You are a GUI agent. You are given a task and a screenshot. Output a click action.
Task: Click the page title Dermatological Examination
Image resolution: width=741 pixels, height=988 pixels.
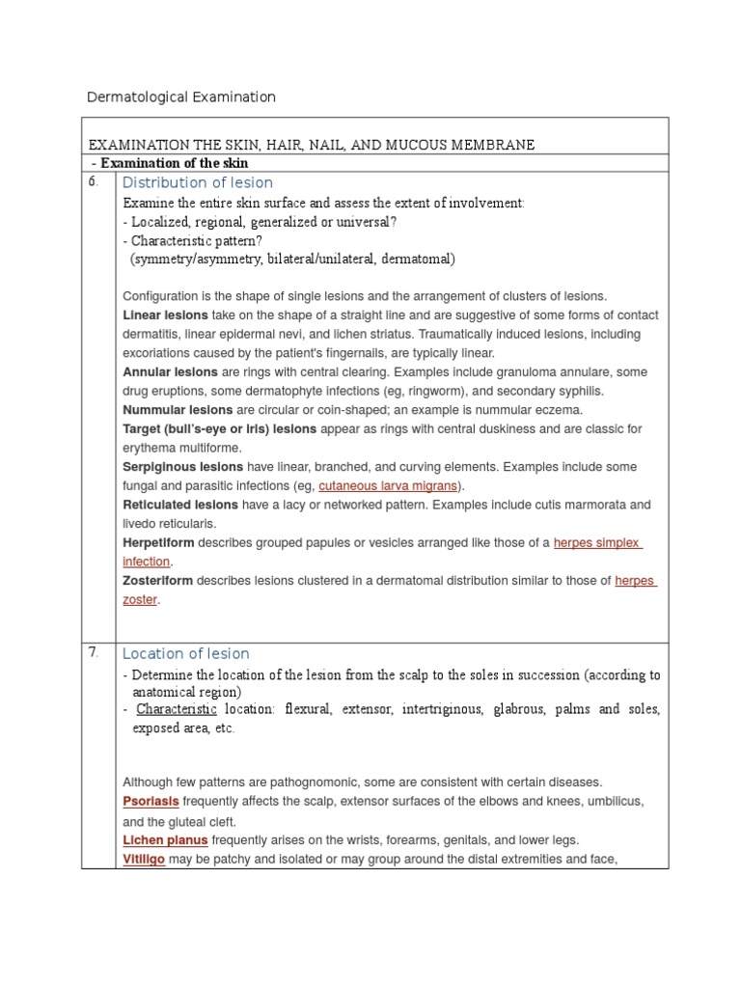click(x=181, y=96)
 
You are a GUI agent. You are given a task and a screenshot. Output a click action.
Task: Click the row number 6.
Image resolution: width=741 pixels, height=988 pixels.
click(x=94, y=181)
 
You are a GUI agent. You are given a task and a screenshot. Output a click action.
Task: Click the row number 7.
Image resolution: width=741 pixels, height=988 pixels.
click(x=94, y=652)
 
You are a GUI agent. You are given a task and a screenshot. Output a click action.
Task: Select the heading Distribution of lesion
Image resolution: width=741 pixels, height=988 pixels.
click(x=198, y=182)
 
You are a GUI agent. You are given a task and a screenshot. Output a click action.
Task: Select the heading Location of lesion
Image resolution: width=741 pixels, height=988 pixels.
click(x=186, y=653)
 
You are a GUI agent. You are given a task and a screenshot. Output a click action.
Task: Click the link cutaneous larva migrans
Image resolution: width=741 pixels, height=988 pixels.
click(x=388, y=485)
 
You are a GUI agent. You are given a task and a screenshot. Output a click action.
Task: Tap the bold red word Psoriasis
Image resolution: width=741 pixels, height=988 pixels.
click(x=151, y=802)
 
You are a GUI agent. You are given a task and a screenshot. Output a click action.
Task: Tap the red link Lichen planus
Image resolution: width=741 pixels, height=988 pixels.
click(x=165, y=840)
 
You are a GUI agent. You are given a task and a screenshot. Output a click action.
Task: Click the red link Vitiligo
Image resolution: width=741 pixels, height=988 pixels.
click(x=144, y=859)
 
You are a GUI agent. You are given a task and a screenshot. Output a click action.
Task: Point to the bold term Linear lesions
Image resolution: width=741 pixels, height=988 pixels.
click(x=165, y=316)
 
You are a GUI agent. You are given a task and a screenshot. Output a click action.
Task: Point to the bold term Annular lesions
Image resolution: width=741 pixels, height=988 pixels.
click(x=170, y=372)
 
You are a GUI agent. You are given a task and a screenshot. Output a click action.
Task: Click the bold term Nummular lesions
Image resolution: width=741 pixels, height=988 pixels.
click(x=178, y=410)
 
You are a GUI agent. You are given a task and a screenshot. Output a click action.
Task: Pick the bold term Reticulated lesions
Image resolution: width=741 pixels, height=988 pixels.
click(x=180, y=505)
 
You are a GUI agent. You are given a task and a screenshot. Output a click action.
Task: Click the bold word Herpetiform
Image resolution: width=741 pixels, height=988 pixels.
click(x=157, y=542)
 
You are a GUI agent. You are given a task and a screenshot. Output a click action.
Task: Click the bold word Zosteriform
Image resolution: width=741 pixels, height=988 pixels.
click(x=158, y=581)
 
